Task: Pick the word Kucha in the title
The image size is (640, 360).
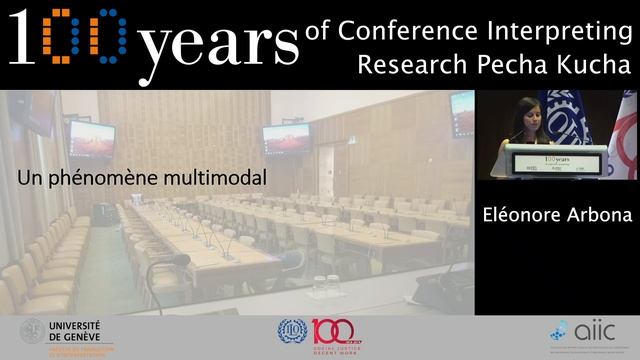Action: [x=591, y=66]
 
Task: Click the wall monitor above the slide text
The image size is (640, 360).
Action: [x=91, y=136]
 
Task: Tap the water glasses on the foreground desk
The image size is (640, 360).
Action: [x=326, y=285]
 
